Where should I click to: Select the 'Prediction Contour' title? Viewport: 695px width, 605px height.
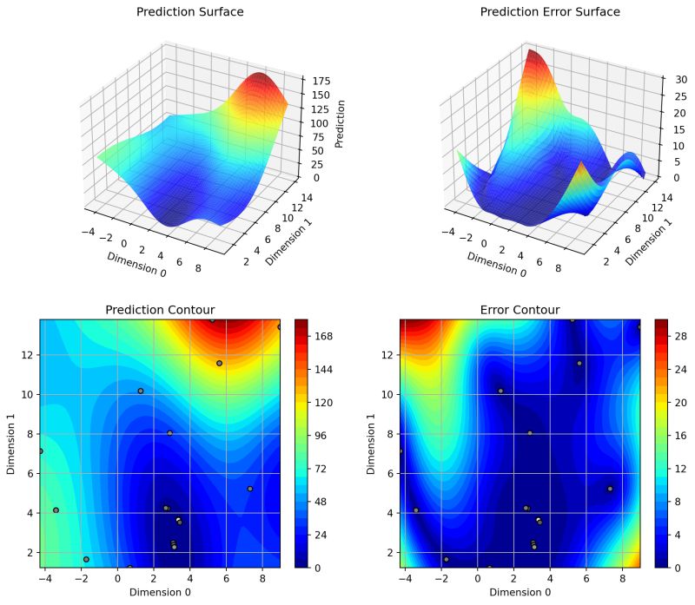tap(160, 310)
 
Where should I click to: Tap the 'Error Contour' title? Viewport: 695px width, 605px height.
tap(520, 310)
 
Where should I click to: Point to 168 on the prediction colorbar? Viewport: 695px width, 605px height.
tap(326, 336)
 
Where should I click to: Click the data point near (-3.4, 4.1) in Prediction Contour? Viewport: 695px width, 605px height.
tap(56, 510)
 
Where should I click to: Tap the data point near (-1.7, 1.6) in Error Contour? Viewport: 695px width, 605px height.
tap(446, 559)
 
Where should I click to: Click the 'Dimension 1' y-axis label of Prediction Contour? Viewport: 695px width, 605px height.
tap(11, 443)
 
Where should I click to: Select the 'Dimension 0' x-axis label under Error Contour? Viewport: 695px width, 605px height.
tap(520, 592)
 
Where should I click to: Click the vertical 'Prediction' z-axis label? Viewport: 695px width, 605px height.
tap(340, 123)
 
